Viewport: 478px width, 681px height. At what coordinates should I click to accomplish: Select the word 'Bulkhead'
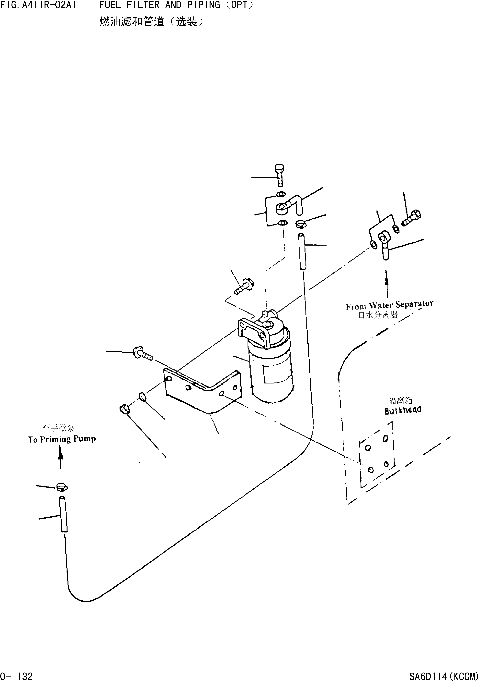403,410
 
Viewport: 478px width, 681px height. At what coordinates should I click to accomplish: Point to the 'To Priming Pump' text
62,439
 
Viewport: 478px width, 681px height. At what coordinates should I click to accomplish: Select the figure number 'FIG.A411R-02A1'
38,5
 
